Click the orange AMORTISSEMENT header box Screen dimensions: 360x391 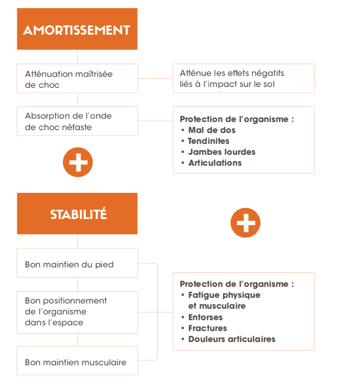77,29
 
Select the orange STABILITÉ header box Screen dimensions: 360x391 77,213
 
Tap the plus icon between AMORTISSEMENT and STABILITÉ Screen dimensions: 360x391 78,162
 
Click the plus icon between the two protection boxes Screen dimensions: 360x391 246,223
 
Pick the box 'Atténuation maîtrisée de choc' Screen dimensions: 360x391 77,78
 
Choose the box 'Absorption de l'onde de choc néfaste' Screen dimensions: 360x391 77,121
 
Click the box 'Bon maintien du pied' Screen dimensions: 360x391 77,263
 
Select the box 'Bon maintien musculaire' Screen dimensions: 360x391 77,361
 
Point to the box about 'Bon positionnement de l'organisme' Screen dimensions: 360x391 77,313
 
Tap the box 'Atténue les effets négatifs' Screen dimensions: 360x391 244,78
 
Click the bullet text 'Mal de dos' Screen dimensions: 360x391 212,130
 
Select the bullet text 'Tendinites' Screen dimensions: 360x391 208,141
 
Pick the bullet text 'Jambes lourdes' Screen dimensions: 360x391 222,152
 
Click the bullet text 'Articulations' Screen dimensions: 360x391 215,163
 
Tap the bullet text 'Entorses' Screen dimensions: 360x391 206,317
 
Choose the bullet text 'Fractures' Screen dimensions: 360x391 208,328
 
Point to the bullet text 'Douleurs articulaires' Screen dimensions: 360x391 232,339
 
